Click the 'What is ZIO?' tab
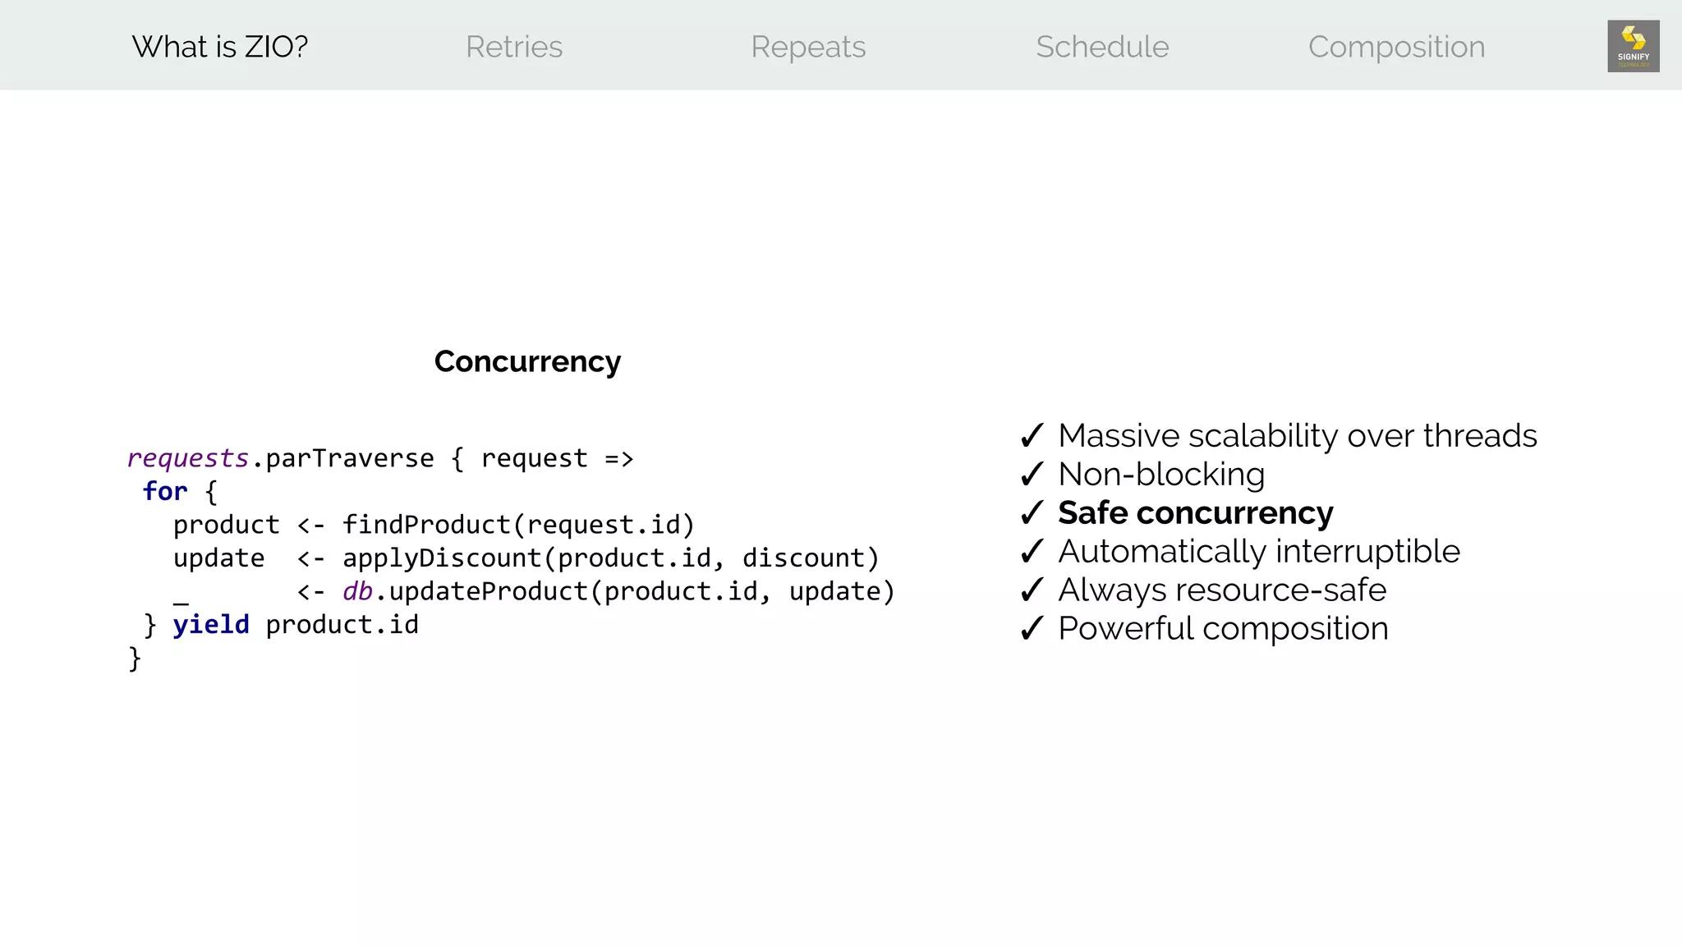tap(219, 47)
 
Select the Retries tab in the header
tap(514, 47)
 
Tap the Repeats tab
tap(808, 47)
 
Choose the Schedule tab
tap(1102, 47)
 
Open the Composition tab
tap(1396, 47)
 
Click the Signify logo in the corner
tap(1633, 46)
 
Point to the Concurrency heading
tap(527, 361)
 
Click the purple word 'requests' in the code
tap(188, 458)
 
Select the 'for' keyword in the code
tap(165, 491)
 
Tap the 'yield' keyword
tap(211, 625)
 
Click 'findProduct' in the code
tap(427, 525)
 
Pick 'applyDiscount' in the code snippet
tap(442, 558)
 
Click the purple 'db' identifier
tap(357, 591)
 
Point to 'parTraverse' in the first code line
tap(350, 458)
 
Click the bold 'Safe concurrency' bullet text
tap(1196, 512)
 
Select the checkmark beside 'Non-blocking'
tap(1032, 474)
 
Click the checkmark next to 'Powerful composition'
tap(1032, 628)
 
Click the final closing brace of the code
tap(136, 659)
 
